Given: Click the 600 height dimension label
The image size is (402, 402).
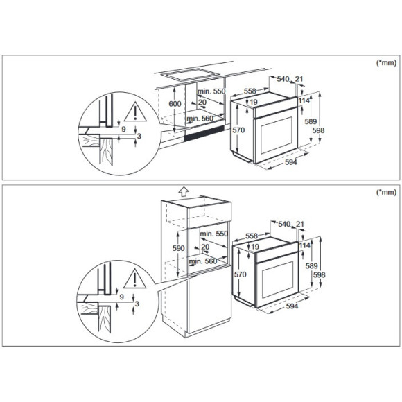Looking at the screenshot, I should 175,104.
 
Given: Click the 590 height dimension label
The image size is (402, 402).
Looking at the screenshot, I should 178,248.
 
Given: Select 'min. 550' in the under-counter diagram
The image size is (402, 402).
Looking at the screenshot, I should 211,92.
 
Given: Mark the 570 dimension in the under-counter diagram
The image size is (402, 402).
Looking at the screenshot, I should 238,130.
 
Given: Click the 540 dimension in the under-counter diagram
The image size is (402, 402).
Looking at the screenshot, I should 283,80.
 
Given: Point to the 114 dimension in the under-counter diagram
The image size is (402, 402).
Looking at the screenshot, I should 304,101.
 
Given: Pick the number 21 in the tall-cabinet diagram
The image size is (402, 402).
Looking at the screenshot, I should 299,225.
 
